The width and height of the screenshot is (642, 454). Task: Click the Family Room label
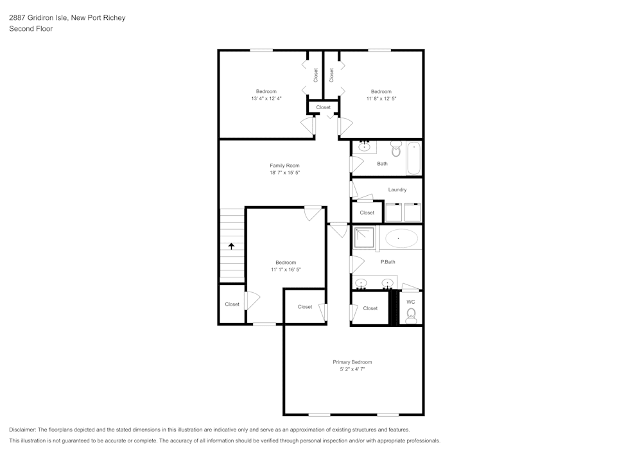(284, 166)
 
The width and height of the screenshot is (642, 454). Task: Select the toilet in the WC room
(411, 315)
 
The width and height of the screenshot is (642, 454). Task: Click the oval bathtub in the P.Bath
(401, 238)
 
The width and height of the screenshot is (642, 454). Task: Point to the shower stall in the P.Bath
(364, 237)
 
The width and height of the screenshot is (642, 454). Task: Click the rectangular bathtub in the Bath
(413, 158)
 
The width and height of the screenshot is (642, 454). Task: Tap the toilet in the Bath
(395, 149)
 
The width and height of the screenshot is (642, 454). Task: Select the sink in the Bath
(365, 147)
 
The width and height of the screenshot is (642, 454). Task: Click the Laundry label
(397, 189)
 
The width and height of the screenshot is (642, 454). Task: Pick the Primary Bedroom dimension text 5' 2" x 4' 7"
(352, 369)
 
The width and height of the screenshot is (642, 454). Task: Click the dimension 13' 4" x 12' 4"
(266, 98)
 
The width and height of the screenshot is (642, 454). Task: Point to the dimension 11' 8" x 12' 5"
(381, 98)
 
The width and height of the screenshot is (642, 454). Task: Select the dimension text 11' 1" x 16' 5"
(286, 270)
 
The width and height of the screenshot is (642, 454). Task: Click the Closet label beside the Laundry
(367, 213)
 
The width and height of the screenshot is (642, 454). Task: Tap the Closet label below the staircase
(232, 304)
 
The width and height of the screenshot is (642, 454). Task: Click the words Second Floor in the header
(31, 29)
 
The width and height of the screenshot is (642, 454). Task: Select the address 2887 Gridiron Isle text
(39, 18)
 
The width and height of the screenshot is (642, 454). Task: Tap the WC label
(411, 302)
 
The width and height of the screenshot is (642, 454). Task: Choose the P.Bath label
(387, 262)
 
